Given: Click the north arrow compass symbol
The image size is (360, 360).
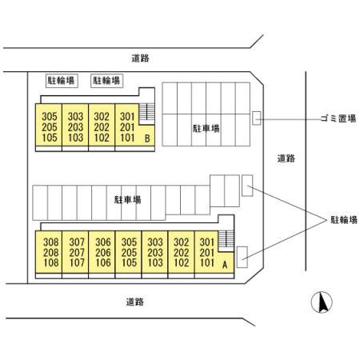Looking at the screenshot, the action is tap(322, 302).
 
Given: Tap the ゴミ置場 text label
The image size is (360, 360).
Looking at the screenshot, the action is tap(338, 118).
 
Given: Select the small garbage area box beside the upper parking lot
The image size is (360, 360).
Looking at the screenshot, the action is tap(257, 118).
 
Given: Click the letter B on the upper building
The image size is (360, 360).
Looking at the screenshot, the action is tap(147, 138).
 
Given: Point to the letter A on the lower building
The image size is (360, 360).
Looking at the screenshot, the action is tap(225, 265).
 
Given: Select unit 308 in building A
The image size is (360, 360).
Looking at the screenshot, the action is tap(50, 242).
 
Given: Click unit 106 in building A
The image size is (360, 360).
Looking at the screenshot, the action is tap(103, 262).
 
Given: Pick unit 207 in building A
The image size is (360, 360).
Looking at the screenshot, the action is tap(77, 253).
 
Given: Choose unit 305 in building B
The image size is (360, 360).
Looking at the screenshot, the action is tap(50, 117).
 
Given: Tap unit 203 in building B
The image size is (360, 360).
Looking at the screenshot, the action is tap(75, 127).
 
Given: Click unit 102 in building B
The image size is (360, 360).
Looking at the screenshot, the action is tap(102, 138).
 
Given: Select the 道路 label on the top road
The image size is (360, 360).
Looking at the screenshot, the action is tap(140, 58).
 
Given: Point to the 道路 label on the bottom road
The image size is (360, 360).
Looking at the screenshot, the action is tap(135, 302).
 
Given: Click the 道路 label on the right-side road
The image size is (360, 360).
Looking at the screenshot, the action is tap(286, 158).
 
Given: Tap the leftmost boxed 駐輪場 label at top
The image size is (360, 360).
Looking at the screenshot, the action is tap(62, 81).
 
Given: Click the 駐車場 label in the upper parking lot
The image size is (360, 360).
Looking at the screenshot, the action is tap(206, 129).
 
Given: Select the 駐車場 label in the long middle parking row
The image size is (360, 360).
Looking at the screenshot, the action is tap(128, 200).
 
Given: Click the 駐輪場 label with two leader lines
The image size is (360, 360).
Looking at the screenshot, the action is tap(344, 220).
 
